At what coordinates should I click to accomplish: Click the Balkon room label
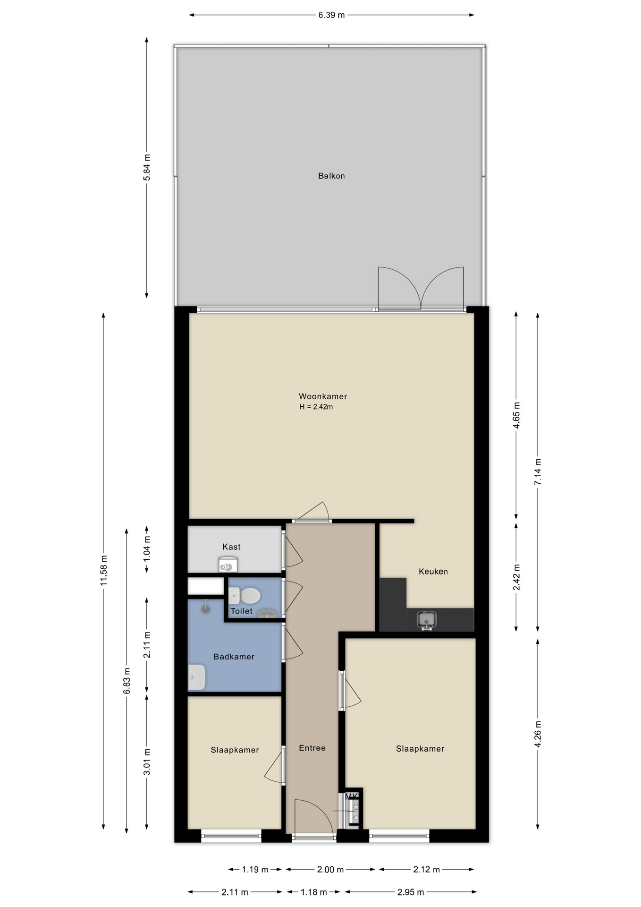[x=331, y=176]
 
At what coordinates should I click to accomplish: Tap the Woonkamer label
[x=323, y=396]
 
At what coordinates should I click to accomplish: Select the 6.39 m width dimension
[x=331, y=15]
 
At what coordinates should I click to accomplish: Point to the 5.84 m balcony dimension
[x=147, y=167]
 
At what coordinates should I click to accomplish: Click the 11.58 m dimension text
[x=104, y=571]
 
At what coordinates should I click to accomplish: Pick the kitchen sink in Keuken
[x=426, y=620]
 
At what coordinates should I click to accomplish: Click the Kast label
[x=231, y=547]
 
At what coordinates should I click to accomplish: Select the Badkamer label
[x=234, y=657]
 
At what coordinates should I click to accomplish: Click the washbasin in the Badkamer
[x=197, y=677]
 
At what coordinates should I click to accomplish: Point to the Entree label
[x=312, y=748]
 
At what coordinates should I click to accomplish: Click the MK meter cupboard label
[x=352, y=796]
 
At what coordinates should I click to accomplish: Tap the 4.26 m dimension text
[x=538, y=734]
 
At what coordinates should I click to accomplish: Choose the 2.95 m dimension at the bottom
[x=410, y=892]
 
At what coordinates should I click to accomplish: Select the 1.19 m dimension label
[x=255, y=869]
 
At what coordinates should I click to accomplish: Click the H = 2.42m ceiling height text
[x=316, y=407]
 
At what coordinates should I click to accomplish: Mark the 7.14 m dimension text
[x=538, y=471]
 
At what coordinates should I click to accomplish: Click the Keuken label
[x=433, y=572]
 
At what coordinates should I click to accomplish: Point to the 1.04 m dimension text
[x=147, y=549]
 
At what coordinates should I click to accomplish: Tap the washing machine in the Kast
[x=228, y=565]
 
